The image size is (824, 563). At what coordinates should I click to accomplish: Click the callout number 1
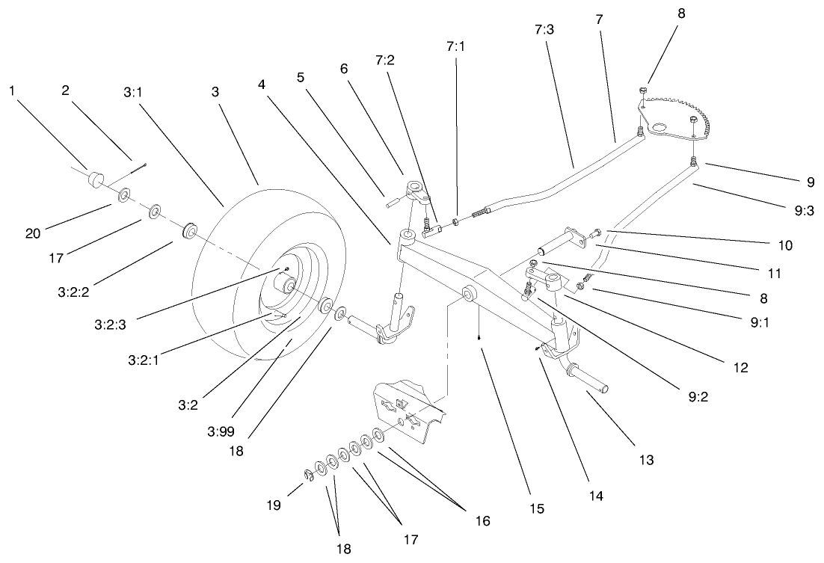[x=12, y=90]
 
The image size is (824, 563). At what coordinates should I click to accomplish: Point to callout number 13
[x=646, y=461]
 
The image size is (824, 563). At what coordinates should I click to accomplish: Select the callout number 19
[x=274, y=506]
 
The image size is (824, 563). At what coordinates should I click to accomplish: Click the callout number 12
[x=741, y=367]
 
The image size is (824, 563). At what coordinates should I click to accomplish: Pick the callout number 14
[x=595, y=494]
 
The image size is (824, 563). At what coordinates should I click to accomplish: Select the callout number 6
[x=344, y=68]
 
